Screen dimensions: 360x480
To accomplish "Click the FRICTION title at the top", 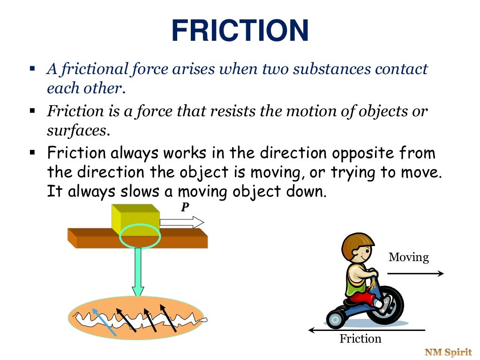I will [240, 31].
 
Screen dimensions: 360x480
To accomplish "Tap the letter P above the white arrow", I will [185, 207].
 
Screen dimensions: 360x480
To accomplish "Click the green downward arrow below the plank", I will [137, 272].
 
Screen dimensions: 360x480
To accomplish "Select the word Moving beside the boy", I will [409, 257].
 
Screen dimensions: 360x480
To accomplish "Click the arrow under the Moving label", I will [415, 274].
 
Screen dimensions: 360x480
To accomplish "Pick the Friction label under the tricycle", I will [360, 338].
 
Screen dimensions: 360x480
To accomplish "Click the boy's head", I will [358, 248].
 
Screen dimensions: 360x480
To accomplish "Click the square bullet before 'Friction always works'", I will [32, 153].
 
